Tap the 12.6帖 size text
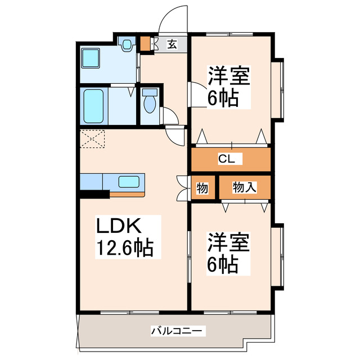coord(124,247)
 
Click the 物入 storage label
coord(245,188)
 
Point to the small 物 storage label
coord(202,188)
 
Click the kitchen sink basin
coord(129,182)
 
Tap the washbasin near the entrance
coord(127,44)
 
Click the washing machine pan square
coord(91,58)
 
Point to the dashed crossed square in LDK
coord(93,139)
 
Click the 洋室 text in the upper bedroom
coord(229,76)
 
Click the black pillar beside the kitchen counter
coord(94,195)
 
